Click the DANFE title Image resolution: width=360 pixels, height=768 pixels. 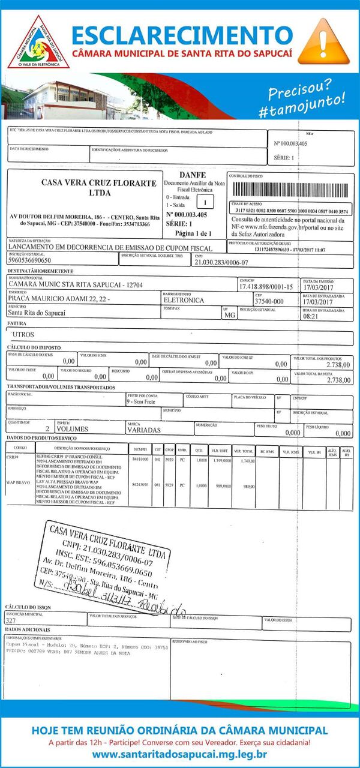tap(192, 175)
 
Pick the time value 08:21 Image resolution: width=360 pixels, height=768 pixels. tap(311, 316)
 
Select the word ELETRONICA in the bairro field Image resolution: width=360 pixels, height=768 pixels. tap(184, 300)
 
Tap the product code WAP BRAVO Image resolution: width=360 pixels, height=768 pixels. tap(18, 482)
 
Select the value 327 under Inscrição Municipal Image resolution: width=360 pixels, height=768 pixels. tap(10, 621)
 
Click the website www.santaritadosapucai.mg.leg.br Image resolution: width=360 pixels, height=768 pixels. tap(180, 754)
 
